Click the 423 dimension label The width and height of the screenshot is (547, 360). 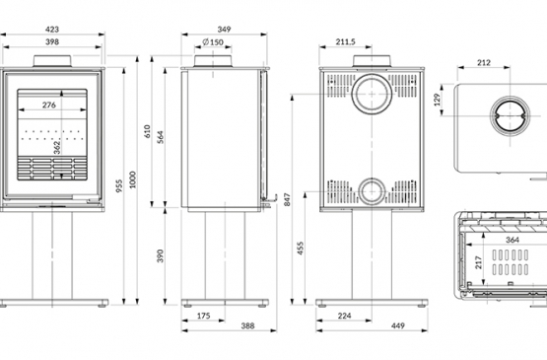52,30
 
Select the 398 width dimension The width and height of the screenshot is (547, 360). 52,41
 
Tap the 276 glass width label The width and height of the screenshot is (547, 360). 49,105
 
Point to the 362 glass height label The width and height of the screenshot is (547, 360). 57,147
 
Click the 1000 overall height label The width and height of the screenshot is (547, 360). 133,180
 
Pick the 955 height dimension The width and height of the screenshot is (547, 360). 119,186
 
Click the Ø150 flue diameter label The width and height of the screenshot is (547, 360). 213,42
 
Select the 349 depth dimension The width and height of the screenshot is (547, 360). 224,30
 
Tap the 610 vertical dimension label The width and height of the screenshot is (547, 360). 147,131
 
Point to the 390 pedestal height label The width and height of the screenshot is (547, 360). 160,256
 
